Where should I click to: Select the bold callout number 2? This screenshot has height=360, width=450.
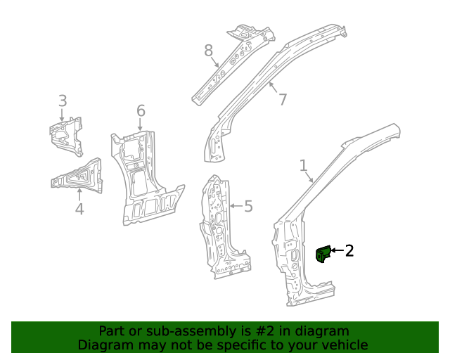(349, 250)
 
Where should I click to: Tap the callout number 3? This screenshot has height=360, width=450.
(63, 101)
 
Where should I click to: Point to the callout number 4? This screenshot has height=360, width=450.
(79, 208)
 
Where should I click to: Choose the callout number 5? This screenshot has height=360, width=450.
(247, 206)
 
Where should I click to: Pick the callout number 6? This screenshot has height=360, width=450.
(141, 110)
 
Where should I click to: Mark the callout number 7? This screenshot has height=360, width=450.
(283, 99)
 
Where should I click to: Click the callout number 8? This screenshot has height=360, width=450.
(208, 50)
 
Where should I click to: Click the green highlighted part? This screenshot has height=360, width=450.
(323, 253)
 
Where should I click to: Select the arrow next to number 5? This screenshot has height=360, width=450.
(234, 206)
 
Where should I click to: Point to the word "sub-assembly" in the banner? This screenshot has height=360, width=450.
(169, 331)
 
